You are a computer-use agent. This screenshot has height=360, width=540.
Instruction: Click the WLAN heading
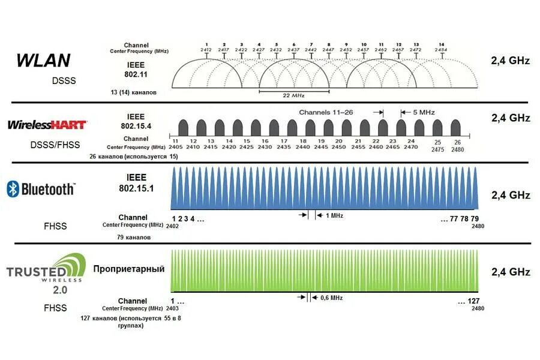tap(43, 60)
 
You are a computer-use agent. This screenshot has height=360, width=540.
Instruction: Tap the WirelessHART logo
tap(47, 124)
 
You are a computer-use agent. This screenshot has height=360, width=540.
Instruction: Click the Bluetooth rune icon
tap(12, 189)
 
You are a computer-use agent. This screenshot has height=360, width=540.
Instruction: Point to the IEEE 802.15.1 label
tap(136, 183)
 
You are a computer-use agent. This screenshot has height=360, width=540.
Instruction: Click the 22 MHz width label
tap(294, 95)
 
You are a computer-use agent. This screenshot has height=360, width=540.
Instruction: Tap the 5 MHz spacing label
tap(422, 112)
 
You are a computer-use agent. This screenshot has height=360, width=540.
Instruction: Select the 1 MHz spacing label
tap(334, 215)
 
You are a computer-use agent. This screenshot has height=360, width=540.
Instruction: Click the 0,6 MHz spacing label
tap(332, 298)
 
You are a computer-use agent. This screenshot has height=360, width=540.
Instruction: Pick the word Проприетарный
tap(128, 269)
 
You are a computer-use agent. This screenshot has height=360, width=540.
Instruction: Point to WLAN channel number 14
tap(442, 45)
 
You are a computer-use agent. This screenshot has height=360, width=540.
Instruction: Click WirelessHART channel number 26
tap(457, 142)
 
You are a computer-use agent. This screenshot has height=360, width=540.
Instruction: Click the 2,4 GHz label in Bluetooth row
tap(511, 195)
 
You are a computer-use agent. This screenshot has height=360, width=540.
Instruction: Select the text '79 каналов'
tap(134, 237)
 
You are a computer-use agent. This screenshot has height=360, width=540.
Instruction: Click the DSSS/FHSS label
tap(55, 145)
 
